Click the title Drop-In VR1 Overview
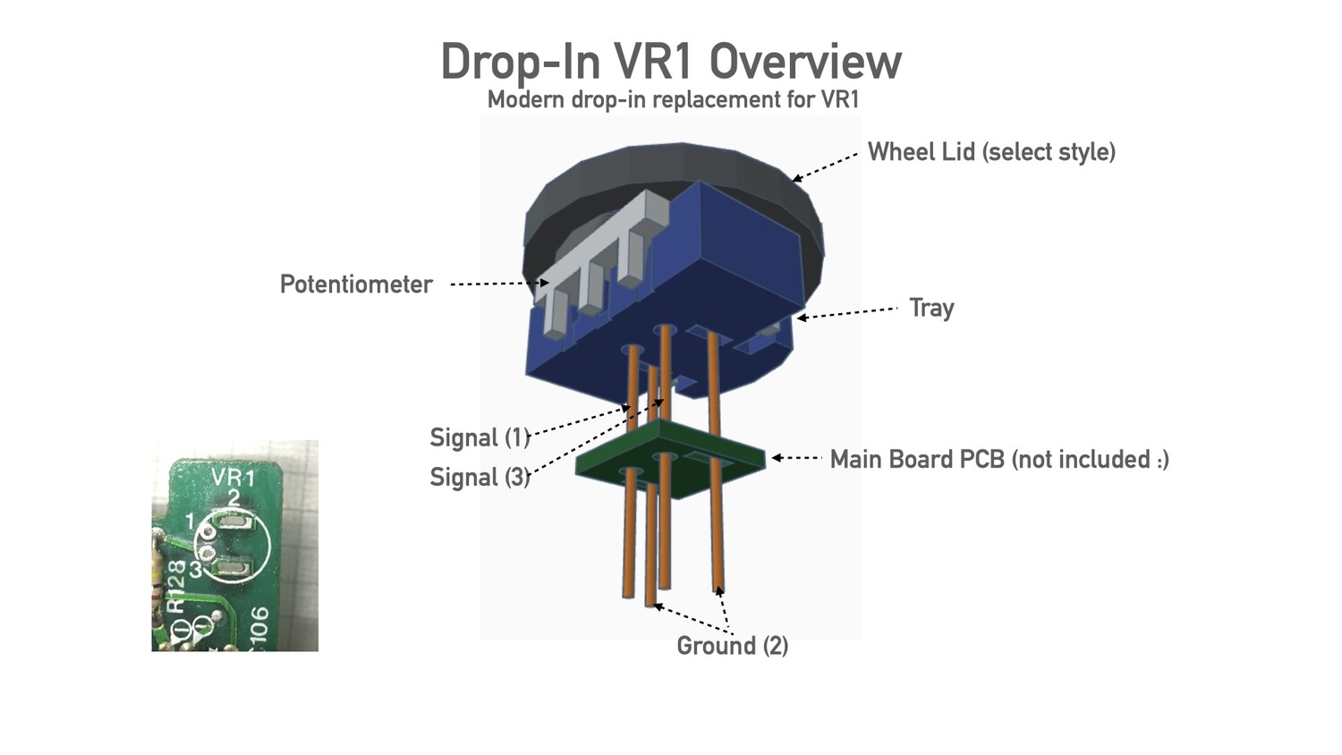(671, 61)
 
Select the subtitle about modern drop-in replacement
(673, 99)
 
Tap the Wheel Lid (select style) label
(991, 152)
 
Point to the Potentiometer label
(356, 284)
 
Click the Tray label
(931, 308)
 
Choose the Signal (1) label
(480, 437)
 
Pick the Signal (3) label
(480, 477)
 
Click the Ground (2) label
(732, 646)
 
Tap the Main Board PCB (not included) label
(999, 460)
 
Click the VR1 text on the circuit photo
(233, 477)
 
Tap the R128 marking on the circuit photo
(176, 587)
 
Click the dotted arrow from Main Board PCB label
(797, 458)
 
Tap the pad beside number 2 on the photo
(234, 523)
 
